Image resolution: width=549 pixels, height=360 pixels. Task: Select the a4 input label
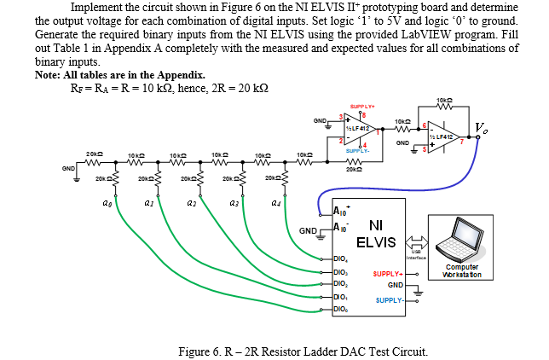[275, 205]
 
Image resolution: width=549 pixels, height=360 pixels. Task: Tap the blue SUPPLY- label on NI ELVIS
[388, 300]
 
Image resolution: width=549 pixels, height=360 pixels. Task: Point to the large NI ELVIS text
[376, 234]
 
